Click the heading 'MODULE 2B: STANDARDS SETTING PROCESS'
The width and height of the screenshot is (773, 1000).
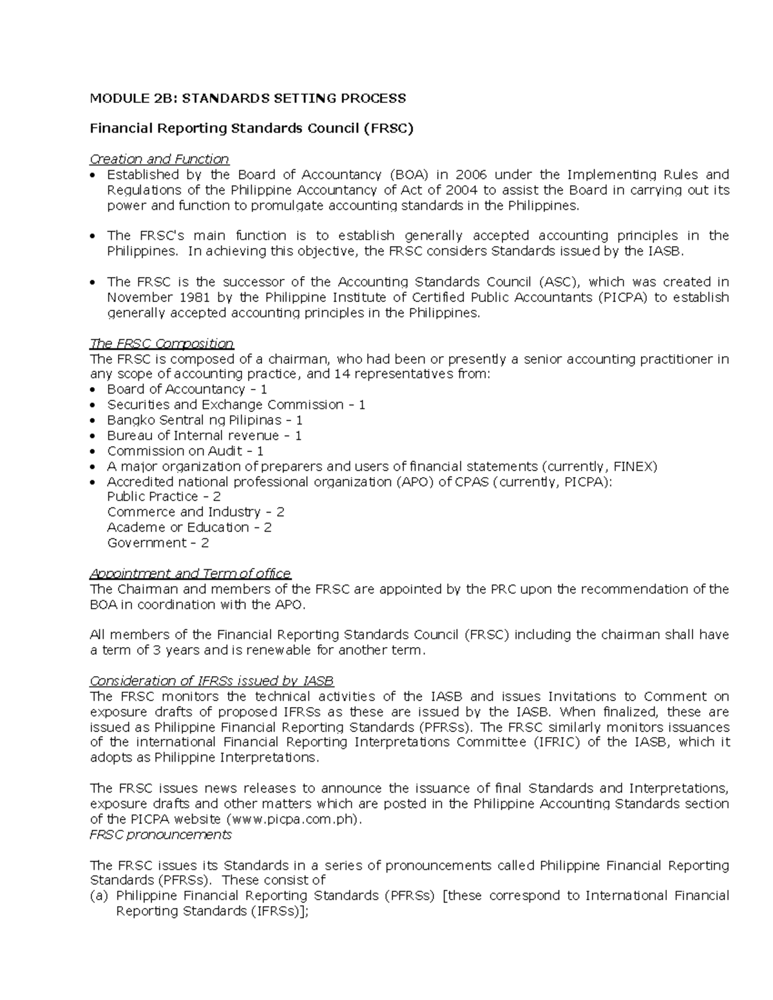coord(247,98)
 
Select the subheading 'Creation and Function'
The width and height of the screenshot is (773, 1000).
coord(159,159)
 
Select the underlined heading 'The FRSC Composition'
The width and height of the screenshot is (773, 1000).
coord(162,343)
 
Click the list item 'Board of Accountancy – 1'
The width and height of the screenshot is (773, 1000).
coord(187,390)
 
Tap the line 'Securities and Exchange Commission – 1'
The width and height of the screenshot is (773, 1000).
coord(236,405)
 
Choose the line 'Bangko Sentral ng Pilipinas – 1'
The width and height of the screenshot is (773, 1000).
coord(205,420)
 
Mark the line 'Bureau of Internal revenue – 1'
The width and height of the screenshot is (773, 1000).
coord(204,436)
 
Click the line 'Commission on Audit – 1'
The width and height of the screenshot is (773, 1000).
coord(185,451)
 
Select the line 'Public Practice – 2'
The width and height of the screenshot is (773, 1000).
coord(164,497)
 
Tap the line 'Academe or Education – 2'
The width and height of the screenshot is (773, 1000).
coord(189,528)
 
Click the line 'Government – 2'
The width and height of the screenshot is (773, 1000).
coord(158,543)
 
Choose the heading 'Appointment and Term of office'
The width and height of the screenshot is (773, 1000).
coord(190,574)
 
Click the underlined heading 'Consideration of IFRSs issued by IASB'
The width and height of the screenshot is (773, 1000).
coord(211,681)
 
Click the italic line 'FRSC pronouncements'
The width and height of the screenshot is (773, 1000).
coord(160,835)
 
